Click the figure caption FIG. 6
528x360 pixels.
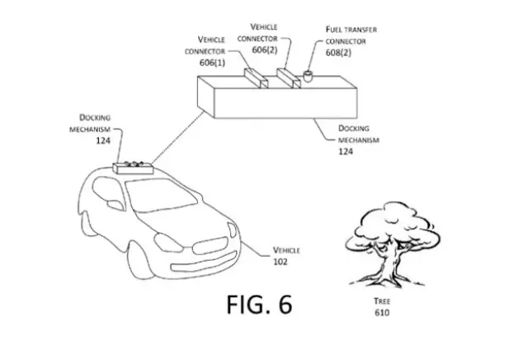point(259,305)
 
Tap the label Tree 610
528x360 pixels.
point(380,307)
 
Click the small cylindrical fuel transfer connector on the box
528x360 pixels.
point(307,77)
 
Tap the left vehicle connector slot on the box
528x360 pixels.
point(255,78)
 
